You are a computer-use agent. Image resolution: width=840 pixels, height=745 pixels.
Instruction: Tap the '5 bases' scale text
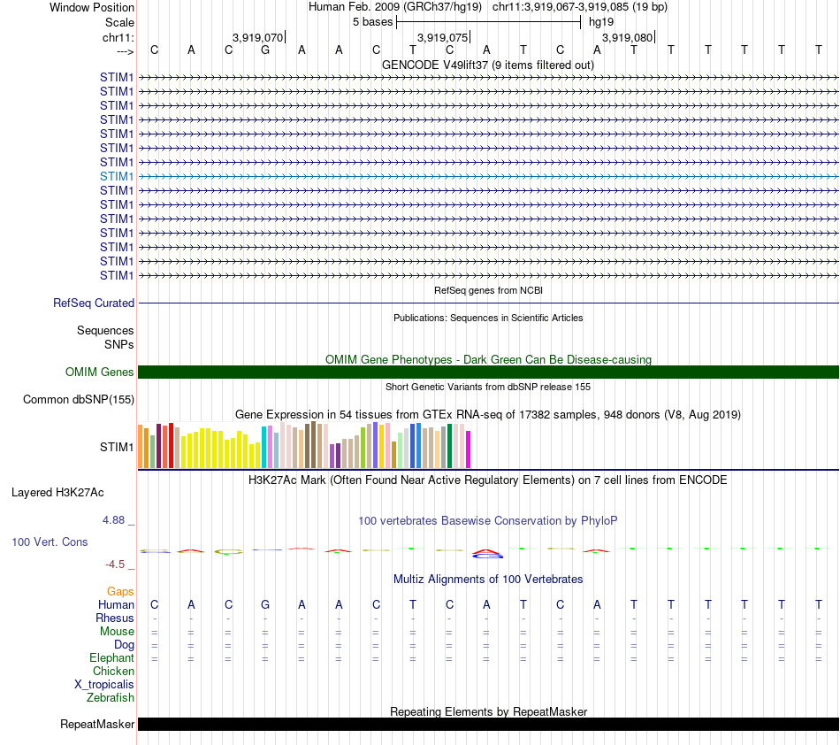[372, 21]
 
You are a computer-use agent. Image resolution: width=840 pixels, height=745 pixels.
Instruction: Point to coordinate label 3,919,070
[258, 37]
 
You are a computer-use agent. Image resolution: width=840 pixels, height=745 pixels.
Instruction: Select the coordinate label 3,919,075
[442, 37]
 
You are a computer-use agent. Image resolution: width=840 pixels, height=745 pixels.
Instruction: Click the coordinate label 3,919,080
[627, 37]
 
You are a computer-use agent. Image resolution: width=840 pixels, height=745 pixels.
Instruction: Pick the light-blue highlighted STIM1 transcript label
[117, 176]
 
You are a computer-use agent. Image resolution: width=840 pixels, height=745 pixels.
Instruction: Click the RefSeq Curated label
[94, 303]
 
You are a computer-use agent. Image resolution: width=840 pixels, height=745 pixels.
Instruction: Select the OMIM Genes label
[99, 372]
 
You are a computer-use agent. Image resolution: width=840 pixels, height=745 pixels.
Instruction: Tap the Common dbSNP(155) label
[78, 400]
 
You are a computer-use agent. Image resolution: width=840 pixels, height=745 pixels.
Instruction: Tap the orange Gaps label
[120, 591]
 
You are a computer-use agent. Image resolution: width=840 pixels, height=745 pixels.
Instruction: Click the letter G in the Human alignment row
[265, 604]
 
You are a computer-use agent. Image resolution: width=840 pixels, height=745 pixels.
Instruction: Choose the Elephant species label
[111, 657]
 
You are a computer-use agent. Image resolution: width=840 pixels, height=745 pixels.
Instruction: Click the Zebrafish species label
[111, 698]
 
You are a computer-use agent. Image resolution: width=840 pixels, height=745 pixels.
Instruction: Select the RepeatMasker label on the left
[97, 725]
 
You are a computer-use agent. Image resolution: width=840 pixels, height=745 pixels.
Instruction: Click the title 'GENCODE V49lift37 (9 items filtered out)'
[488, 65]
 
